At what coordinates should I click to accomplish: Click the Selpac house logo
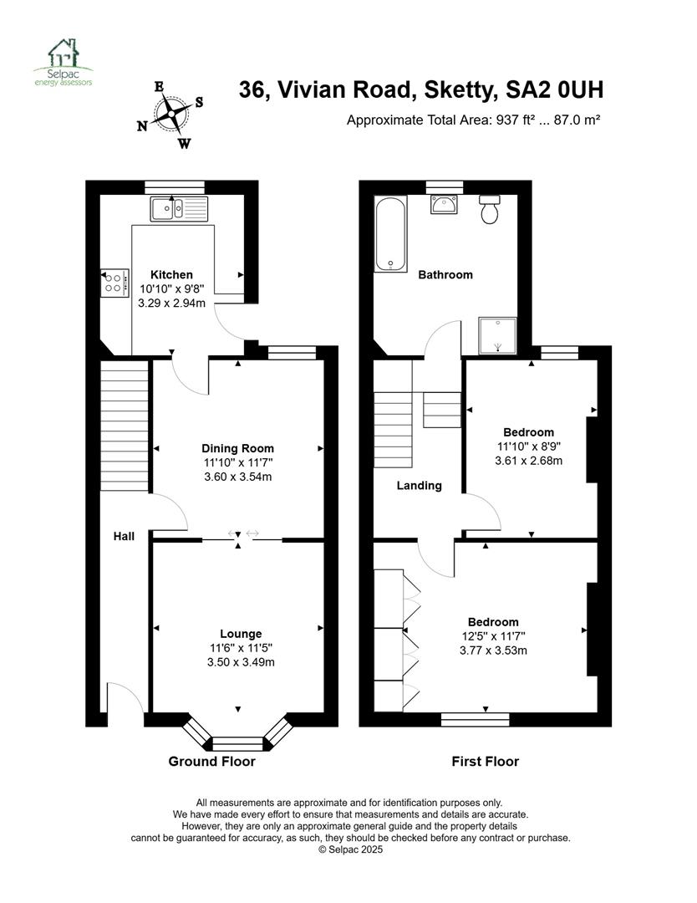coord(63,62)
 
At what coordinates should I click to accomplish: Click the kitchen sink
coord(179,208)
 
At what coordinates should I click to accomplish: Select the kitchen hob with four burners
coord(114,283)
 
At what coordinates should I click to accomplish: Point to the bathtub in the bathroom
coord(391,234)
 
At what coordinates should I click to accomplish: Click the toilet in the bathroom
coord(489,209)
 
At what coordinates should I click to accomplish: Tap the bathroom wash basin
coord(444,205)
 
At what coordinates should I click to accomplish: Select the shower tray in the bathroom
coord(498,336)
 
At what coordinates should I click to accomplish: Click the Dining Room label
coord(237,448)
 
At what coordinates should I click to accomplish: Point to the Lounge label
coord(241,634)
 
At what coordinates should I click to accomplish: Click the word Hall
coord(124,536)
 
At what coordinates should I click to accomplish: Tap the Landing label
coord(419,486)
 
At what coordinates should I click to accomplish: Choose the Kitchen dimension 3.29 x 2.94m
coord(171,303)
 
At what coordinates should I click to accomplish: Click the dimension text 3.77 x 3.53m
coord(493,650)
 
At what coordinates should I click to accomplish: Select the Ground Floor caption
coord(211,762)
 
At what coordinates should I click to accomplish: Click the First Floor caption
coord(486,762)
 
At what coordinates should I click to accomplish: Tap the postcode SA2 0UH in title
coord(554,89)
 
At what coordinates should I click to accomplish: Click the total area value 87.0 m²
coord(577,120)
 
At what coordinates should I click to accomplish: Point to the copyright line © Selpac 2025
coord(350,849)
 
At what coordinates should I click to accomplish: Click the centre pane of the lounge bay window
coord(238,743)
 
